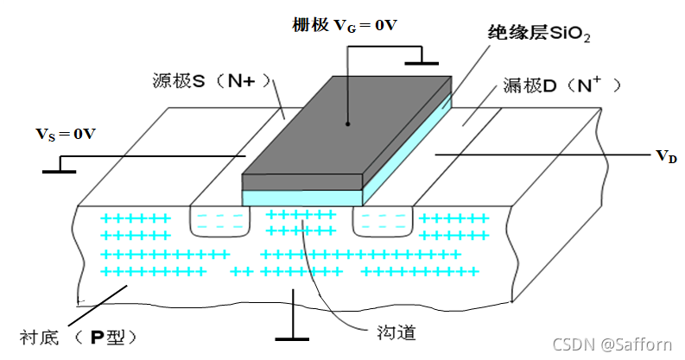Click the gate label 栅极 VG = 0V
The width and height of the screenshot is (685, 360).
point(344,25)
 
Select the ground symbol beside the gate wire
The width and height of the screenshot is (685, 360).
point(421,61)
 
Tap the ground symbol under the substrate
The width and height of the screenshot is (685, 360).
point(294,338)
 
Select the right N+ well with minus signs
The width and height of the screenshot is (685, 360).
point(384,222)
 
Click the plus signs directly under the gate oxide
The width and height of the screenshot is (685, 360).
point(301,222)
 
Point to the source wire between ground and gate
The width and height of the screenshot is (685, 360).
point(155,156)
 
